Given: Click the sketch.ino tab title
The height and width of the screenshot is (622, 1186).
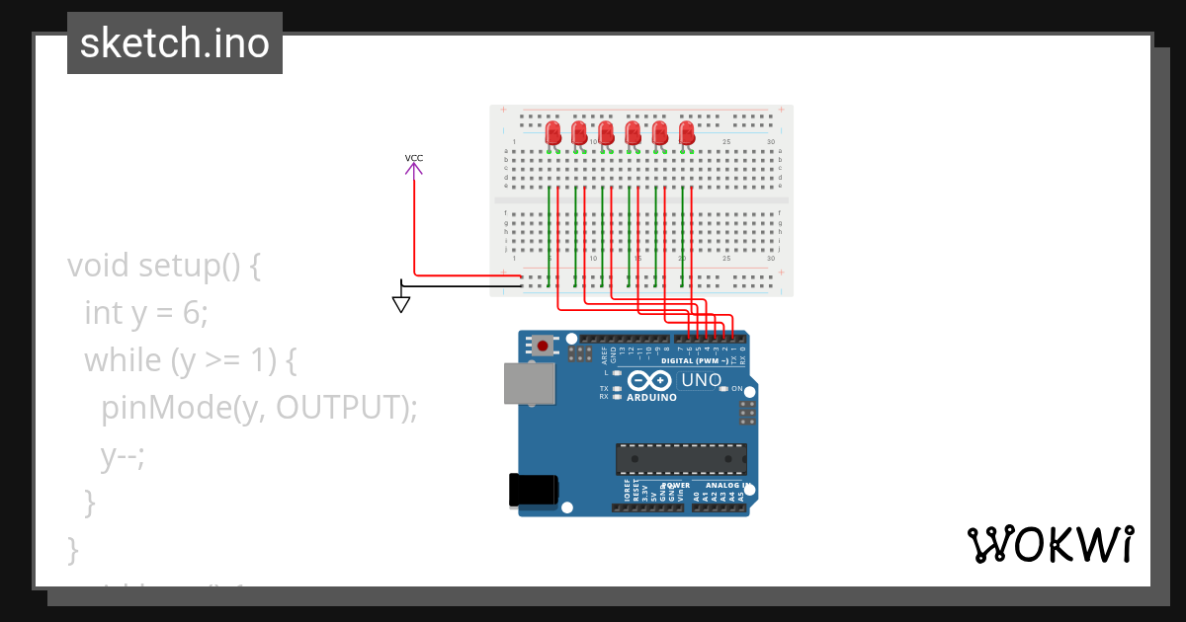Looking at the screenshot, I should pyautogui.click(x=174, y=43).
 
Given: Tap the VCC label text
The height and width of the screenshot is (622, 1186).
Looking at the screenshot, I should pyautogui.click(x=414, y=158).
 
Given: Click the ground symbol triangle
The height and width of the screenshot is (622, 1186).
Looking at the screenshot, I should pyautogui.click(x=401, y=305).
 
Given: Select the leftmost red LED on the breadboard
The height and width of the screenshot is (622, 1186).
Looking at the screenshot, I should pyautogui.click(x=553, y=133).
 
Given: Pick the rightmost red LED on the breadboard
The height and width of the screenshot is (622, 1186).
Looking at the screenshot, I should pyautogui.click(x=687, y=133).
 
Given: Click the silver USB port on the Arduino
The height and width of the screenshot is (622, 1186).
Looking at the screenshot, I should pyautogui.click(x=530, y=383).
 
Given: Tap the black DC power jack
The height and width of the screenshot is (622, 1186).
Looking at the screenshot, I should pyautogui.click(x=532, y=490).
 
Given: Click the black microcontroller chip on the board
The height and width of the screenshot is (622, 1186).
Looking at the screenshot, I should pyautogui.click(x=681, y=459).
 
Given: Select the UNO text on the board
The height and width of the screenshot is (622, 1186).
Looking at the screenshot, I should pyautogui.click(x=701, y=380).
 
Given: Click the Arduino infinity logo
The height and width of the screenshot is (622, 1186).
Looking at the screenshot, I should pyautogui.click(x=650, y=381).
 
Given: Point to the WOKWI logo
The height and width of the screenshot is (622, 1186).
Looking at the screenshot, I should pyautogui.click(x=1050, y=545).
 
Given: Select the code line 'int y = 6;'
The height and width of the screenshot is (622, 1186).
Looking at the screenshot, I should pyautogui.click(x=146, y=312).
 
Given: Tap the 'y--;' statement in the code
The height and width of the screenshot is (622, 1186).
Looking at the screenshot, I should pyautogui.click(x=123, y=455).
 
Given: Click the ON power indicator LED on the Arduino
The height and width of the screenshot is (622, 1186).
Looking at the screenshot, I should pyautogui.click(x=723, y=389).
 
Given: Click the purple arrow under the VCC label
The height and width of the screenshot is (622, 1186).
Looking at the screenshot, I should pyautogui.click(x=414, y=170).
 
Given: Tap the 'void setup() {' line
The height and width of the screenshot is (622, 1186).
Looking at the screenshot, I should pyautogui.click(x=164, y=265).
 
